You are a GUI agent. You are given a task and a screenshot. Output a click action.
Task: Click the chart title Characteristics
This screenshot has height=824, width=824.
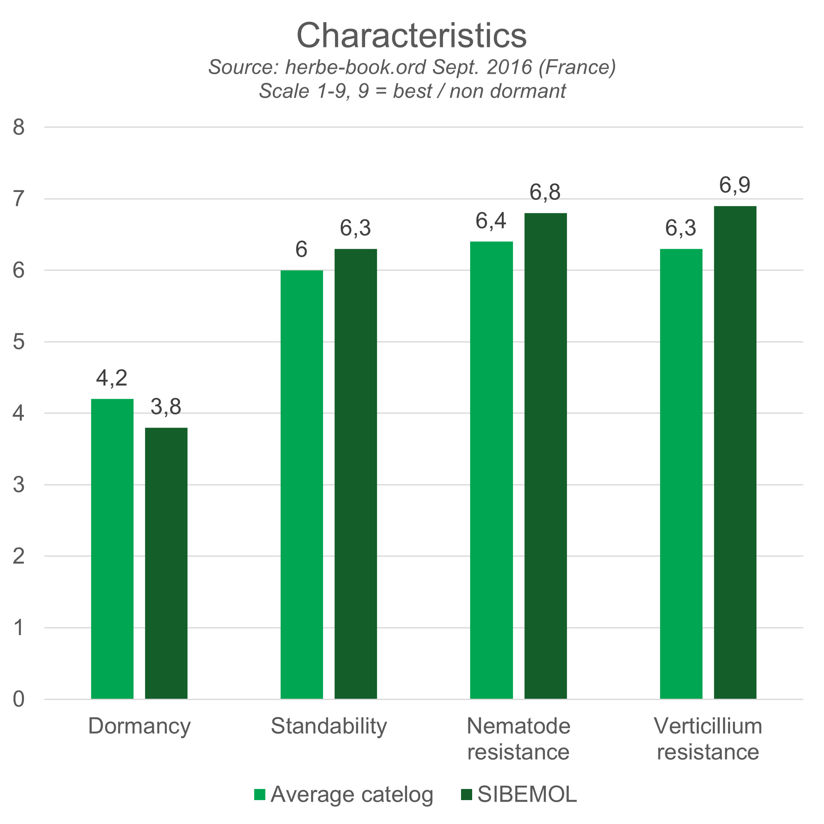pyautogui.click(x=412, y=35)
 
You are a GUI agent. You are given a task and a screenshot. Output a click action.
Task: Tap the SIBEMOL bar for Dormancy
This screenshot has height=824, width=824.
pyautogui.click(x=166, y=563)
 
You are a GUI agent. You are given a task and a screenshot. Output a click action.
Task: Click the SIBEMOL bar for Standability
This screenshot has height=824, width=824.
pyautogui.click(x=356, y=473)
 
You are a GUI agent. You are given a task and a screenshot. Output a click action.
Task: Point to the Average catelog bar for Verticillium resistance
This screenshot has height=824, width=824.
pyautogui.click(x=681, y=473)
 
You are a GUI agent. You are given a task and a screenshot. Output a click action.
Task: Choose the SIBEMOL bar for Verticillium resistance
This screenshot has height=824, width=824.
pyautogui.click(x=735, y=452)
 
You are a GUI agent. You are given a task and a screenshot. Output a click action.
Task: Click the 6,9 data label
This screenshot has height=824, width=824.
pyautogui.click(x=735, y=185)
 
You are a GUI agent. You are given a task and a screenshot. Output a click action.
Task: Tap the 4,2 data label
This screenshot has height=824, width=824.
pyautogui.click(x=112, y=378)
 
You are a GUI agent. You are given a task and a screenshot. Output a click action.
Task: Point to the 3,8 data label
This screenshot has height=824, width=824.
pyautogui.click(x=166, y=407)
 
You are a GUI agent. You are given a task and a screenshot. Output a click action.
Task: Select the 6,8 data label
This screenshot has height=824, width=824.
pyautogui.click(x=545, y=192)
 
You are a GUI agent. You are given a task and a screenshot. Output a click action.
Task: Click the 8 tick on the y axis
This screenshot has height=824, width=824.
pyautogui.click(x=19, y=127)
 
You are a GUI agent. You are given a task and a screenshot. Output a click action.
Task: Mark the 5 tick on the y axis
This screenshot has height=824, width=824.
pyautogui.click(x=19, y=342)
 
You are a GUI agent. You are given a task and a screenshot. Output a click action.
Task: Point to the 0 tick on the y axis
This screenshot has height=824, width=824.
pyautogui.click(x=19, y=700)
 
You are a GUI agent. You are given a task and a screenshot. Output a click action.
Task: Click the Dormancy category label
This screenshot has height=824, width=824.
pyautogui.click(x=140, y=726)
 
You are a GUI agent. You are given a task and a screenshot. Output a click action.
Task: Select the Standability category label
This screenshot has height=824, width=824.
pyautogui.click(x=329, y=726)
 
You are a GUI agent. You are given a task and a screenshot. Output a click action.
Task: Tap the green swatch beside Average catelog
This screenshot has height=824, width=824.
pyautogui.click(x=259, y=795)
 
